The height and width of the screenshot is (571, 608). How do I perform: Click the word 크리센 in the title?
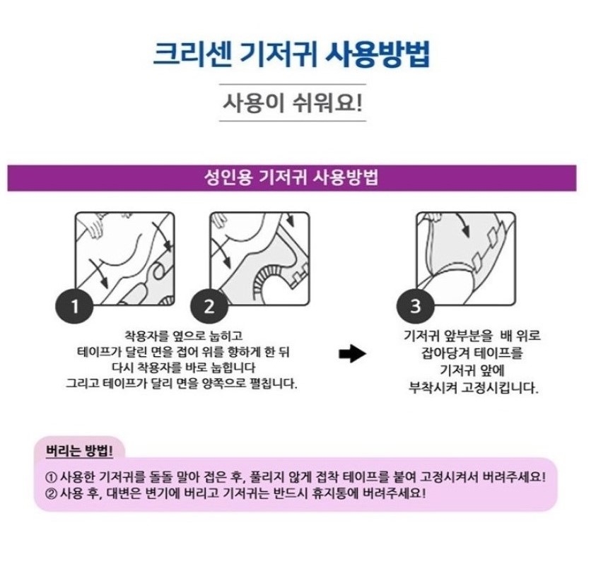pos(192,55)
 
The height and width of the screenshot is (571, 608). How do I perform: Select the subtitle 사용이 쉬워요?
pos(293,102)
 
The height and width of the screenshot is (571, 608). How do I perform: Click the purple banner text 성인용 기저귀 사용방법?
pos(291,178)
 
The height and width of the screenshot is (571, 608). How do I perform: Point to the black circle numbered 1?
pos(74,306)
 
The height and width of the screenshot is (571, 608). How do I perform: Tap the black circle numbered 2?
pos(209,306)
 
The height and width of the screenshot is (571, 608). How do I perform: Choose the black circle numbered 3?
pos(415,305)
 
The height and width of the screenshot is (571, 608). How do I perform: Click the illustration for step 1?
pos(124,259)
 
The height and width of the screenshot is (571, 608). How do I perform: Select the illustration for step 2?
pos(259,259)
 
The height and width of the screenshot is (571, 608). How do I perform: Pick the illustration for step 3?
pos(466,259)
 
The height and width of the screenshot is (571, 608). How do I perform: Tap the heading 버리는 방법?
pos(79,451)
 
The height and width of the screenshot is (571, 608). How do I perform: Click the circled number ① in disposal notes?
pos(51,477)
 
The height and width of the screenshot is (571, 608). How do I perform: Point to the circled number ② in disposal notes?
pos(51,494)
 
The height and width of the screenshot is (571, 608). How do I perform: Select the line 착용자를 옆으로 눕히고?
pos(183,336)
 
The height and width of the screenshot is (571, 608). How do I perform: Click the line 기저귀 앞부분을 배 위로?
pos(472,335)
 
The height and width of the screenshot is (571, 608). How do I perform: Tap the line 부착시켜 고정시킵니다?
pos(474,387)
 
